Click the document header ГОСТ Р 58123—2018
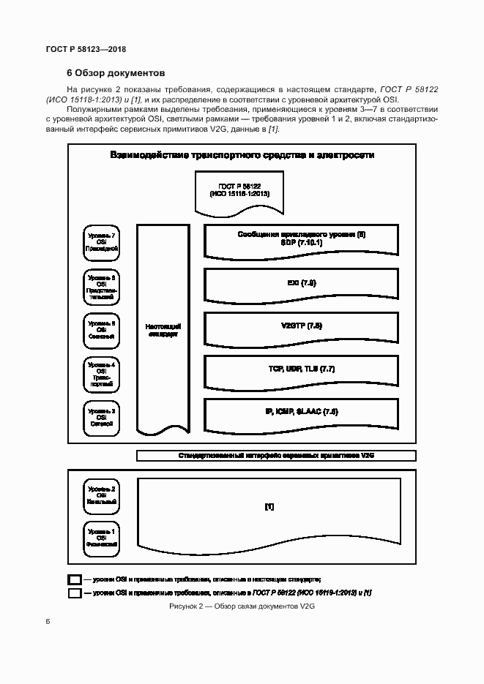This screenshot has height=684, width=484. coord(86,49)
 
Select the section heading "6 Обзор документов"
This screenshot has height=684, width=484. coord(116,73)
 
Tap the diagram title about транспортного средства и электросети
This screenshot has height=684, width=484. coord(242,155)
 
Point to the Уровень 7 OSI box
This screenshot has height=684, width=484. coord(102,241)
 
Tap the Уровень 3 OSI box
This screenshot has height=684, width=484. coord(102,416)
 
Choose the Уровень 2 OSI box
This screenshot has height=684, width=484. coord(102,495)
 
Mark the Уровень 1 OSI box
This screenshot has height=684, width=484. coord(102,538)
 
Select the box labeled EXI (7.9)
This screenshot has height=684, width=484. coord(301,283)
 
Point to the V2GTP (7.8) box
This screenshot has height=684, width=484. coord(301,326)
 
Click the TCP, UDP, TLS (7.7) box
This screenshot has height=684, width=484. coord(301,369)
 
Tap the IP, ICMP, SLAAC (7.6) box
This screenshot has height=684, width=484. coord(301,413)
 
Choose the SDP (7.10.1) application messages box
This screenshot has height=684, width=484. coord(301,238)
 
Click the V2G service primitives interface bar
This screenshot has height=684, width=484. coord(276,455)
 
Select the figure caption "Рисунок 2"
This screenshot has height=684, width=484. coord(241,606)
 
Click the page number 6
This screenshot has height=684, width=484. coord(48,622)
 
